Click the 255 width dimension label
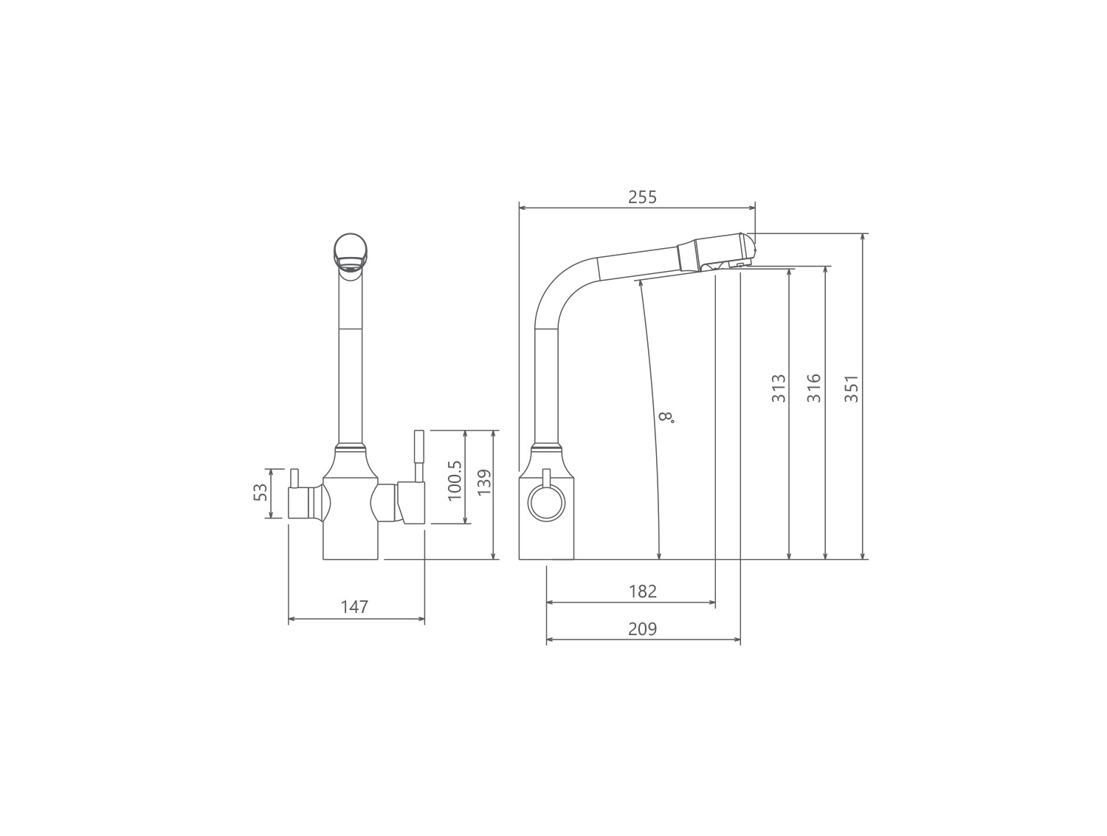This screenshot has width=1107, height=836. click(x=642, y=197)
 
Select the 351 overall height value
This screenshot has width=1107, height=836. click(x=852, y=388)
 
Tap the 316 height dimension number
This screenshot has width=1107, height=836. click(x=814, y=388)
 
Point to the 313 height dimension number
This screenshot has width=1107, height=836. click(x=779, y=388)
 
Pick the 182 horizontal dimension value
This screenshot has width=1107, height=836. click(x=643, y=591)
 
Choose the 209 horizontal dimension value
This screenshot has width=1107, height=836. click(x=643, y=628)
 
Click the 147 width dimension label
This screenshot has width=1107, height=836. click(x=354, y=607)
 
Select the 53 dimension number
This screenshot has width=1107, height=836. click(x=261, y=493)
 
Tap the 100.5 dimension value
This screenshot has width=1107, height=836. click(x=455, y=480)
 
